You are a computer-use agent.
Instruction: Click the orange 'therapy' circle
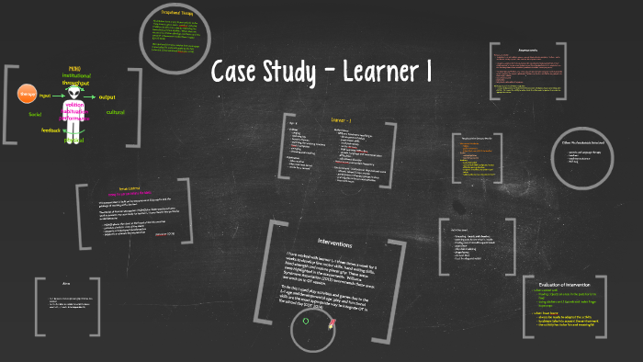[x=28, y=95]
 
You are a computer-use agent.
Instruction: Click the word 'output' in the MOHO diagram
[x=107, y=96]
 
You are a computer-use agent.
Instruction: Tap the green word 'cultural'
[x=115, y=112]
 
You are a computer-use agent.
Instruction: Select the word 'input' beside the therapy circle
[x=45, y=96]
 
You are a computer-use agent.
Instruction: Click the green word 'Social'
[x=35, y=115]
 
